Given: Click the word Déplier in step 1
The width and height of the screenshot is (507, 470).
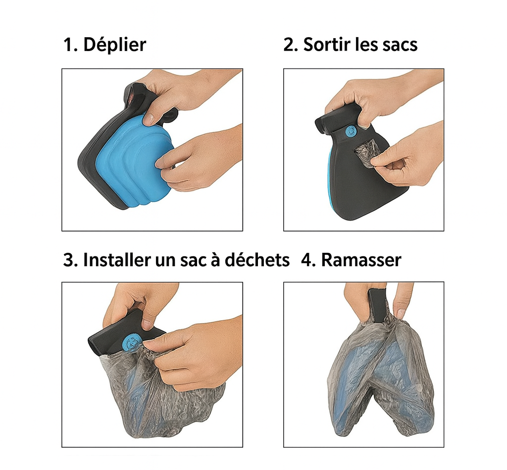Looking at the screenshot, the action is [x=115, y=45].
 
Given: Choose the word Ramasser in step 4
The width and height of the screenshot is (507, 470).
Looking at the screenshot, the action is [x=361, y=260].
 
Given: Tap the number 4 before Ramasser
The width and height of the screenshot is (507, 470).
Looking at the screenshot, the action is [x=307, y=260].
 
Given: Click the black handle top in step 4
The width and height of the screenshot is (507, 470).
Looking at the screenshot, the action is [x=378, y=306].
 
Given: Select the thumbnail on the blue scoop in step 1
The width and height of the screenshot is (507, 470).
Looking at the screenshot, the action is [x=149, y=120].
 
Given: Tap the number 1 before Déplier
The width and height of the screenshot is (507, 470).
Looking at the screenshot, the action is [x=68, y=45].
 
